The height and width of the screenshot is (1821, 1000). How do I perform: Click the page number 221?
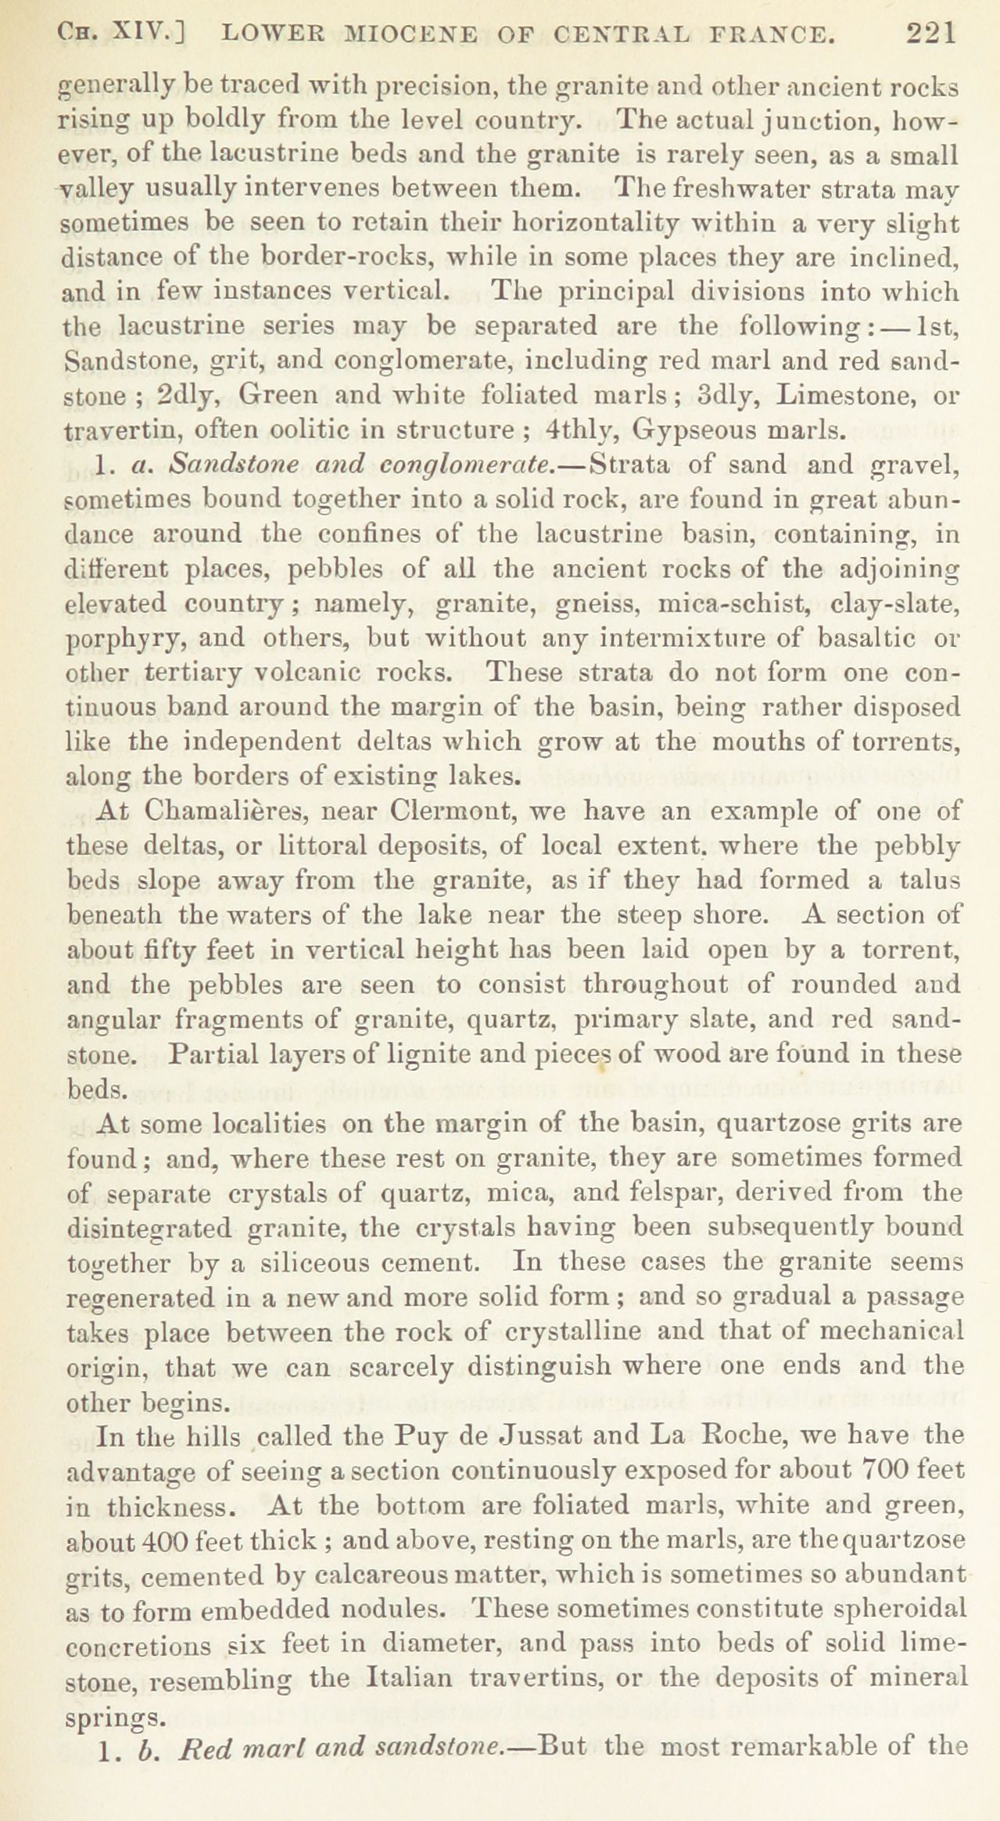tap(930, 34)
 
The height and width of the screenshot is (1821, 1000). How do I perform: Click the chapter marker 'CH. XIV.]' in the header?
tap(126, 34)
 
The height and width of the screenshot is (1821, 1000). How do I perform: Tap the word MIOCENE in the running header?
tap(378, 34)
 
